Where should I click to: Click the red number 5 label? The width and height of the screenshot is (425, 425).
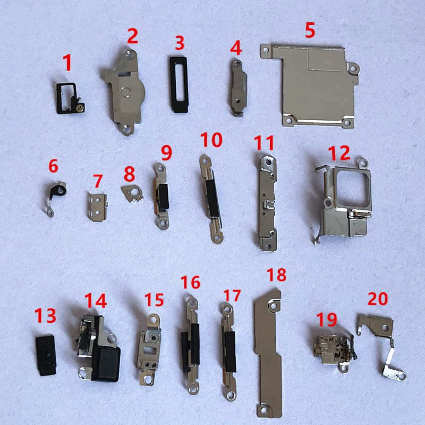point(310,30)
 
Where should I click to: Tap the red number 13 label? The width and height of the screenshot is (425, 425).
point(45,315)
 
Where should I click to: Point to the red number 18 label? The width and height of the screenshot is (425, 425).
point(276,275)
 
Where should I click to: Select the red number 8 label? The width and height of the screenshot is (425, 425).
point(129,174)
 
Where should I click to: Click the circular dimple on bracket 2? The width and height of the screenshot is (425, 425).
point(125,92)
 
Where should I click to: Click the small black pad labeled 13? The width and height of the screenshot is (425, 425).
point(46,355)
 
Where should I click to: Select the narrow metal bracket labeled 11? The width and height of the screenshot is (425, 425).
point(268,203)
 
